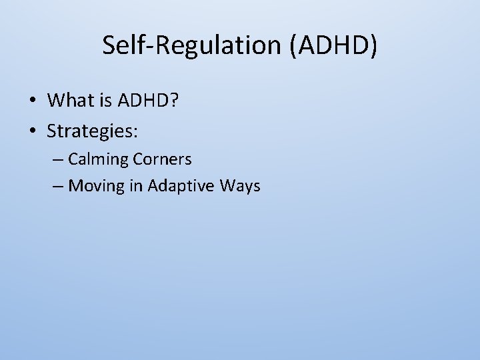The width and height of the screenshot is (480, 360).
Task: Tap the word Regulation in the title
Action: (x=210, y=45)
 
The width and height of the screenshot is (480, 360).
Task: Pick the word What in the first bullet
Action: (x=71, y=100)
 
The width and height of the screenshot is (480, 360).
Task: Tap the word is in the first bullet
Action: (x=107, y=100)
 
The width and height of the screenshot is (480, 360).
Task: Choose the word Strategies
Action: (x=89, y=131)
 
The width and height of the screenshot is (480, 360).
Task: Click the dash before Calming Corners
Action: (x=58, y=160)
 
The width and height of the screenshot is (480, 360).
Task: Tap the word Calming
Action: (x=99, y=159)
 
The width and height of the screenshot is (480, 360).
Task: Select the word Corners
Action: (x=163, y=159)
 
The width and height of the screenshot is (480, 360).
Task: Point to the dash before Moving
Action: (x=58, y=186)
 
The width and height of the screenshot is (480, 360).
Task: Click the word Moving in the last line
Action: (x=96, y=186)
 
